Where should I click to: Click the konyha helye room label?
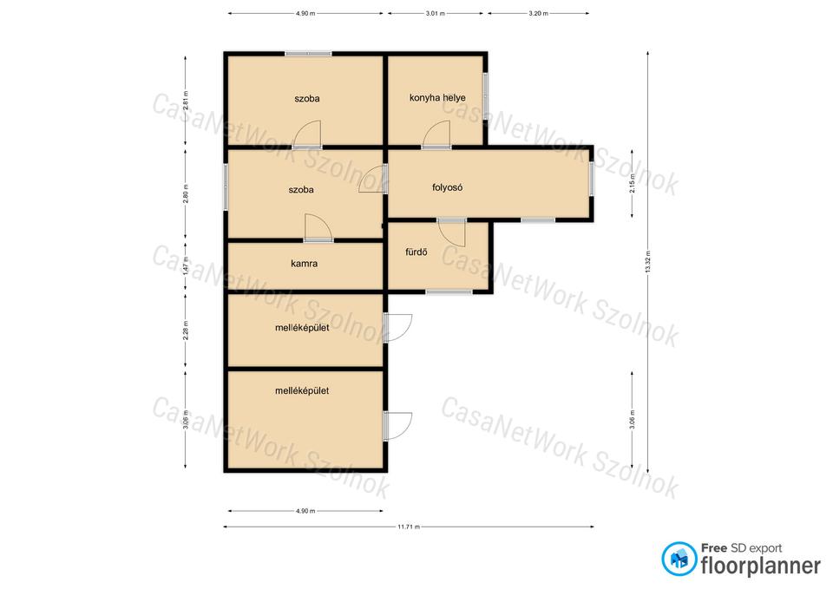pyautogui.click(x=437, y=98)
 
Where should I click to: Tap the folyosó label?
pyautogui.click(x=448, y=187)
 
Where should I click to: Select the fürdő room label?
pyautogui.click(x=416, y=252)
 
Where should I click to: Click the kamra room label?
pyautogui.click(x=305, y=264)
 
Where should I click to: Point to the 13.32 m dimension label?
pyautogui.click(x=647, y=262)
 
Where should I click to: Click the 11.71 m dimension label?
pyautogui.click(x=409, y=527)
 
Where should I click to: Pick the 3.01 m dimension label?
pyautogui.click(x=435, y=13)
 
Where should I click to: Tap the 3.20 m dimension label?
pyautogui.click(x=538, y=13)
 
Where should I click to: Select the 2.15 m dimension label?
pyautogui.click(x=632, y=183)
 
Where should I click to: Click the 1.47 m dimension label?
pyautogui.click(x=186, y=266)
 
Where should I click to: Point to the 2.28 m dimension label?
pyautogui.click(x=186, y=330)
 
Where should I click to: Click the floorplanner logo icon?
pyautogui.click(x=679, y=559)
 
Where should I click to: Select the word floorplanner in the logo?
pyautogui.click(x=761, y=566)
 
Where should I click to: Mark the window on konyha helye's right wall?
pyautogui.click(x=486, y=100)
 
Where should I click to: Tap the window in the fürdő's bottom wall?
pyautogui.click(x=449, y=291)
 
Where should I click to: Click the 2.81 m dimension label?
pyautogui.click(x=186, y=101)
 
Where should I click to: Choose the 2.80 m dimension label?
pyautogui.click(x=186, y=193)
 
